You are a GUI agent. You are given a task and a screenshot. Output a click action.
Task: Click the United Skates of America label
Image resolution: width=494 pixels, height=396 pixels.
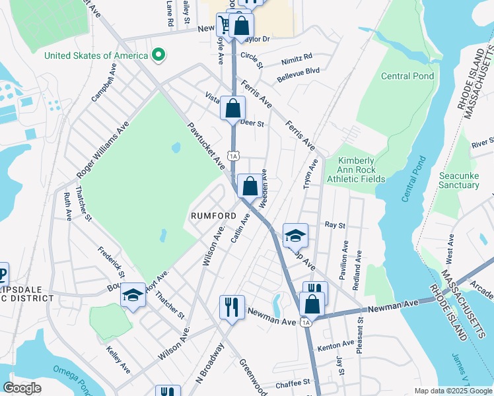[x=96, y=55]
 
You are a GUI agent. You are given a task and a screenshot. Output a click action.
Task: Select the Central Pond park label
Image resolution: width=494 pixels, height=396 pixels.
[x=407, y=76]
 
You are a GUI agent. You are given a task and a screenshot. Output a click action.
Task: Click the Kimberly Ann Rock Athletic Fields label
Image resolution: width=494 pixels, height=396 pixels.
[x=356, y=170]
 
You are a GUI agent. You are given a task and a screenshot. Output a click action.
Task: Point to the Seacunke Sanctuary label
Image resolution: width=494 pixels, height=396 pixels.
[x=459, y=180]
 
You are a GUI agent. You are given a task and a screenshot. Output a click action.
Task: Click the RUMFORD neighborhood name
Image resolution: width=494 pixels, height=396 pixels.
[x=213, y=216]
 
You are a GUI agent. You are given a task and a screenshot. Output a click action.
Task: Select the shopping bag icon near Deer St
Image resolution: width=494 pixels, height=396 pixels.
[x=233, y=108]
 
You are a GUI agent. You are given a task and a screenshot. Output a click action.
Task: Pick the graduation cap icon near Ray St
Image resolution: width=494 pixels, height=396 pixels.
[x=295, y=235]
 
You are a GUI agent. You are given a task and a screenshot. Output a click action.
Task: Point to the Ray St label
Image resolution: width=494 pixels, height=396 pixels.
[x=335, y=225]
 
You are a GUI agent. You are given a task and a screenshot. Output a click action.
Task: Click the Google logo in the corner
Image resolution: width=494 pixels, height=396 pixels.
[x=22, y=387]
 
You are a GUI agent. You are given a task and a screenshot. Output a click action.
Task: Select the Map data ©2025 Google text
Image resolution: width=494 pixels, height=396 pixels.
[x=453, y=391]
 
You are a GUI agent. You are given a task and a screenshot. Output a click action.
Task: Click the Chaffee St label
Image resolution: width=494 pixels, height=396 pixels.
[x=293, y=382]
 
